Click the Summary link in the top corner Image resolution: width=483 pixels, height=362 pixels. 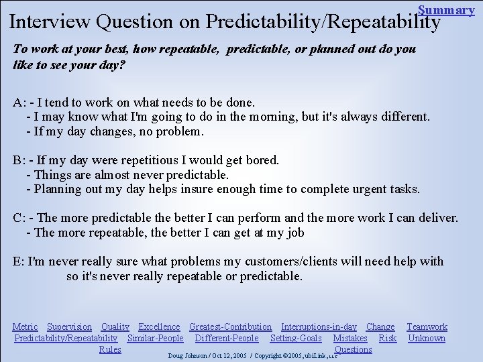(446, 9)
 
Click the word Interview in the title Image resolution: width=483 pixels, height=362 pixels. (50, 21)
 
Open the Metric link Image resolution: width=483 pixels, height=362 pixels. (25, 326)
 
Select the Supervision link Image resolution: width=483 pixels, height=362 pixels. (69, 326)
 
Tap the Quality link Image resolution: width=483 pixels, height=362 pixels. (115, 326)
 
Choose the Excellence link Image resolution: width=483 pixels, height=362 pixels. (160, 326)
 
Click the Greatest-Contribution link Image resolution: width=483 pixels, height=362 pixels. (230, 326)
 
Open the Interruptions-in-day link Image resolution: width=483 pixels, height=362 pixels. (319, 326)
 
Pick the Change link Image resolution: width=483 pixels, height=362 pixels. (380, 326)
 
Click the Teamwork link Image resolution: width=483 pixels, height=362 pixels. (427, 326)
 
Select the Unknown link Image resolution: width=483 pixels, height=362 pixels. (427, 338)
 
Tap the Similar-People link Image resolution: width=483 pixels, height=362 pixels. (155, 338)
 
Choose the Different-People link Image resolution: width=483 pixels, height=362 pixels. (227, 338)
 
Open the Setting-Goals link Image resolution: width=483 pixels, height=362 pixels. (296, 338)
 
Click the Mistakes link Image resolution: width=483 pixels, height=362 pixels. (350, 338)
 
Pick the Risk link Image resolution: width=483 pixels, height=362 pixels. (388, 338)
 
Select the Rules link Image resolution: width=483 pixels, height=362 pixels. (110, 349)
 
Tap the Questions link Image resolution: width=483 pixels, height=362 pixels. (353, 349)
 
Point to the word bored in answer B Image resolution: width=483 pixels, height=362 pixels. (263, 160)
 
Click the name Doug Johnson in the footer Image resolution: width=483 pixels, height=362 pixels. (189, 354)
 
